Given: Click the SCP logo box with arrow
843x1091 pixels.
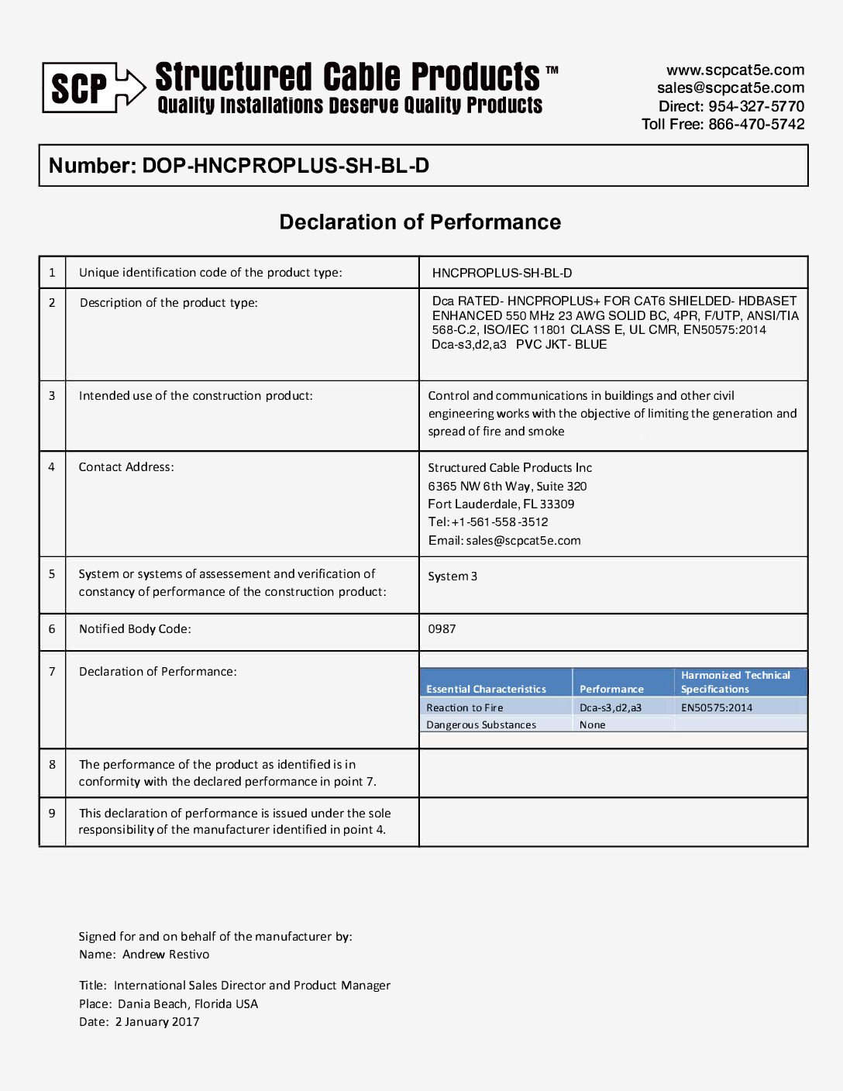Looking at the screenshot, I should click(93, 88).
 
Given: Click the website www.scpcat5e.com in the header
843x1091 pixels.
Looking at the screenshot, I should click(735, 71).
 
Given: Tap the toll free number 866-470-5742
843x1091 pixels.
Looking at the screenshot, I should click(756, 124).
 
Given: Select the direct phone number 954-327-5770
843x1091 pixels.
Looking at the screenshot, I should click(756, 106).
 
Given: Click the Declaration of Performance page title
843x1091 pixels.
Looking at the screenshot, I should click(420, 222).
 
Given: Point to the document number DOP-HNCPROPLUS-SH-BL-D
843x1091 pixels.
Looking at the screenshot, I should click(285, 166).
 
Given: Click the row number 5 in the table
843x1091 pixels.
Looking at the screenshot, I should click(52, 574).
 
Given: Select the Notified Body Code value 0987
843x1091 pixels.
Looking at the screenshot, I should click(442, 629).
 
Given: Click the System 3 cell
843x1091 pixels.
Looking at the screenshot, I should click(452, 576).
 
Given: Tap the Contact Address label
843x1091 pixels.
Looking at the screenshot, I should click(126, 467).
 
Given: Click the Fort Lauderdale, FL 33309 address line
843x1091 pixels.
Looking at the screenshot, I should click(501, 504).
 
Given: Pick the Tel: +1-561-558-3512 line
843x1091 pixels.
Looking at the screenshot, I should click(488, 522).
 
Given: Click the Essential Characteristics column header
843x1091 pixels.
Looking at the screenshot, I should click(486, 689).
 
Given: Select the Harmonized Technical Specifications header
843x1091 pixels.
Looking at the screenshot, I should click(735, 682).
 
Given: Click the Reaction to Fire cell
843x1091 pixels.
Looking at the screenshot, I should click(465, 707).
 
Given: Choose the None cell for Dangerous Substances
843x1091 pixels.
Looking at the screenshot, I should click(593, 725).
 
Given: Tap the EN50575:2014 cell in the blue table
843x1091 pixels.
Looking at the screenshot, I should click(717, 707).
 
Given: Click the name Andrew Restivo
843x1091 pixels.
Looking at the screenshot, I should click(166, 955).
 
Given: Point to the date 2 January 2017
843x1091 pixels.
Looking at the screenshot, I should click(157, 1022).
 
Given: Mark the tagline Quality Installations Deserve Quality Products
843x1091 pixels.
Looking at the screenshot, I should click(350, 105).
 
